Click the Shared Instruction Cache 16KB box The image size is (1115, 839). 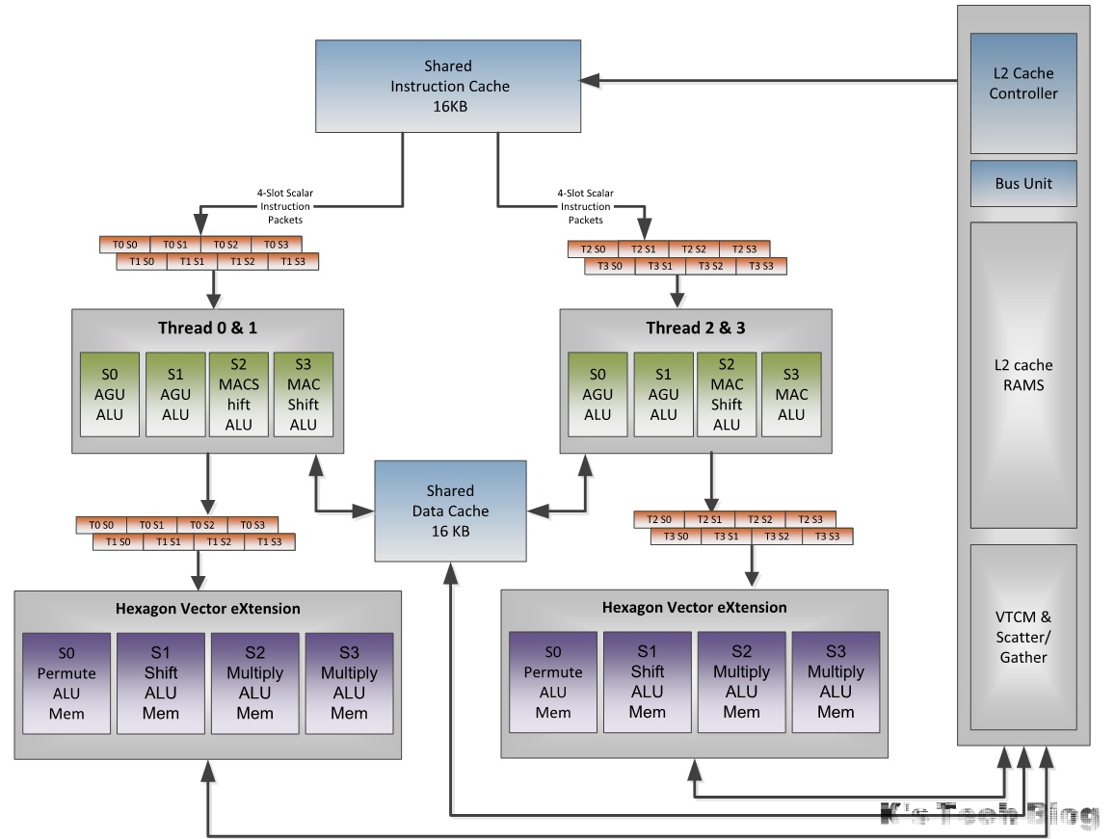pyautogui.click(x=448, y=87)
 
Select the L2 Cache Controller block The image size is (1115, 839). pyautogui.click(x=1022, y=84)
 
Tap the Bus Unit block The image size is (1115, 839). pyautogui.click(x=1022, y=183)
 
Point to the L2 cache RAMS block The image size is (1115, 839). pyautogui.click(x=1022, y=375)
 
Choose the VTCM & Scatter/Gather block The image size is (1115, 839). pyautogui.click(x=1022, y=637)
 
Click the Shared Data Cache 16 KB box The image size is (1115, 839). pyautogui.click(x=450, y=511)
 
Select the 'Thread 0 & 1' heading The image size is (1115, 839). pyautogui.click(x=207, y=328)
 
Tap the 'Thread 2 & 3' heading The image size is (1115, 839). pyautogui.click(x=695, y=328)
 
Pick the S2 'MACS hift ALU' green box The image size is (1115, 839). pyautogui.click(x=239, y=394)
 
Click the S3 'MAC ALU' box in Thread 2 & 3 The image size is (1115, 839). pyautogui.click(x=791, y=394)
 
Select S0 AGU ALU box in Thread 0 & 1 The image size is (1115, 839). pyautogui.click(x=109, y=394)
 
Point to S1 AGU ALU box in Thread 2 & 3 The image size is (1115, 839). pyautogui.click(x=663, y=394)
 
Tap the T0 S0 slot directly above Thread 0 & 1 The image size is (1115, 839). pyautogui.click(x=124, y=245)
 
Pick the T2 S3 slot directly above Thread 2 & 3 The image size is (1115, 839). pyautogui.click(x=744, y=249)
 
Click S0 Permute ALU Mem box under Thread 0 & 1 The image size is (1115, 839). pyautogui.click(x=66, y=683)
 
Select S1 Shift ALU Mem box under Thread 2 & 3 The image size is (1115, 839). pyautogui.click(x=648, y=682)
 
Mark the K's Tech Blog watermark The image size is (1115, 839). pyautogui.click(x=990, y=816)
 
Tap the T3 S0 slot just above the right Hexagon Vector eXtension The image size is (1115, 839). pyautogui.click(x=676, y=537)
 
